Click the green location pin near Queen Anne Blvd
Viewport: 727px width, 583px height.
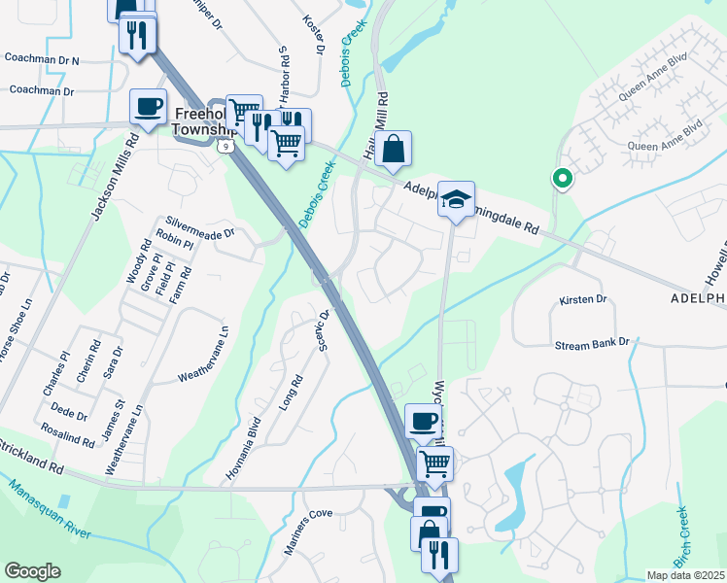(x=561, y=179)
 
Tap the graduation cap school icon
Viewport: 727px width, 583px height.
(x=456, y=199)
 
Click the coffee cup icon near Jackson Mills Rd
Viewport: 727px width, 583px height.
(x=149, y=106)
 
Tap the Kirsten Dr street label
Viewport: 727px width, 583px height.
(x=583, y=300)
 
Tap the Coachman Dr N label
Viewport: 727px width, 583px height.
(x=42, y=59)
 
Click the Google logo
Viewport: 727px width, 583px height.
(x=32, y=571)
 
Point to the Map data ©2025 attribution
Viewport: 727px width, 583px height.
(x=686, y=575)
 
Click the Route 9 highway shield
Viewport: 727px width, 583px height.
(x=225, y=146)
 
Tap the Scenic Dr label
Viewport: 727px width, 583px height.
(x=325, y=331)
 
